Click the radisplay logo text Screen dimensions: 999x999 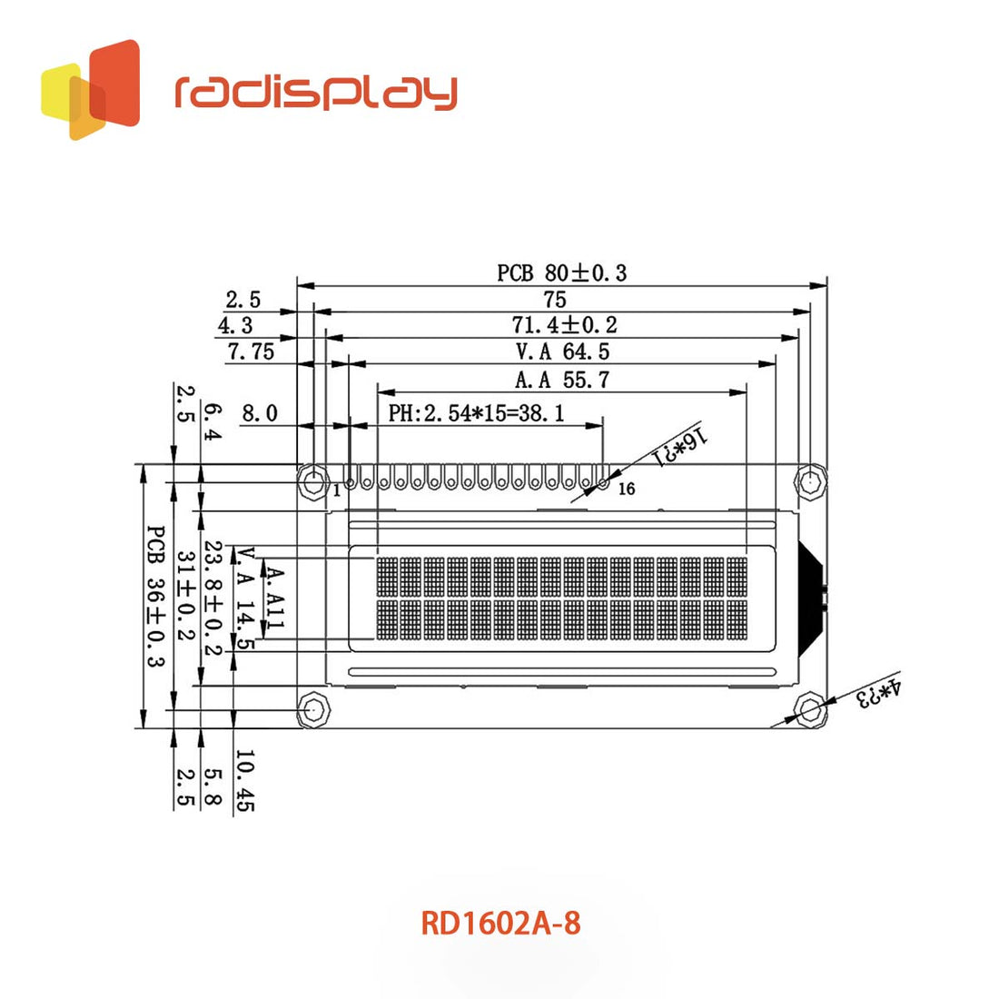click(316, 91)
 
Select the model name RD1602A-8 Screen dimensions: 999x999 click(500, 924)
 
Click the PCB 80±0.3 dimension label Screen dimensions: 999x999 click(561, 272)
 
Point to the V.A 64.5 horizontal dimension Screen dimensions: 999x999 click(562, 351)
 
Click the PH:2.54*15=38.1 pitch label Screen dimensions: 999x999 click(477, 413)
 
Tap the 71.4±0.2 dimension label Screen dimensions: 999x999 click(564, 324)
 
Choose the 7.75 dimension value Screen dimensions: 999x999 click(251, 351)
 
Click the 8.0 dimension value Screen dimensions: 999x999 click(259, 413)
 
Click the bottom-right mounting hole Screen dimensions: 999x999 click(809, 709)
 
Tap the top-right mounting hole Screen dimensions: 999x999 click(809, 481)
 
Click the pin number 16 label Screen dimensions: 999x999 click(627, 490)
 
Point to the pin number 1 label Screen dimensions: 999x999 click(336, 490)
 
